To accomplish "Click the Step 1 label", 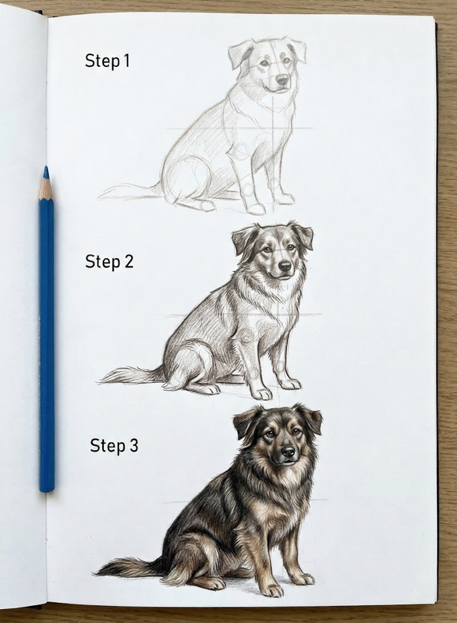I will (107, 61).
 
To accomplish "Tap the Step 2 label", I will (109, 262).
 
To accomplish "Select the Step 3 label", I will (114, 445).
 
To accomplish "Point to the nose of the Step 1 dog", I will (282, 79).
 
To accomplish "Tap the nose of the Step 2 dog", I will (284, 265).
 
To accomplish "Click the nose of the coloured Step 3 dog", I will (288, 451).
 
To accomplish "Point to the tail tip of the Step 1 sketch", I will (101, 196).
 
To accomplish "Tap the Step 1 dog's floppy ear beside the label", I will (239, 55).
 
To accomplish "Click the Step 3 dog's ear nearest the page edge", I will (312, 420).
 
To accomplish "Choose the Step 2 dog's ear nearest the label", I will (244, 240).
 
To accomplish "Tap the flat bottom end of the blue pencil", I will (47, 488).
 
